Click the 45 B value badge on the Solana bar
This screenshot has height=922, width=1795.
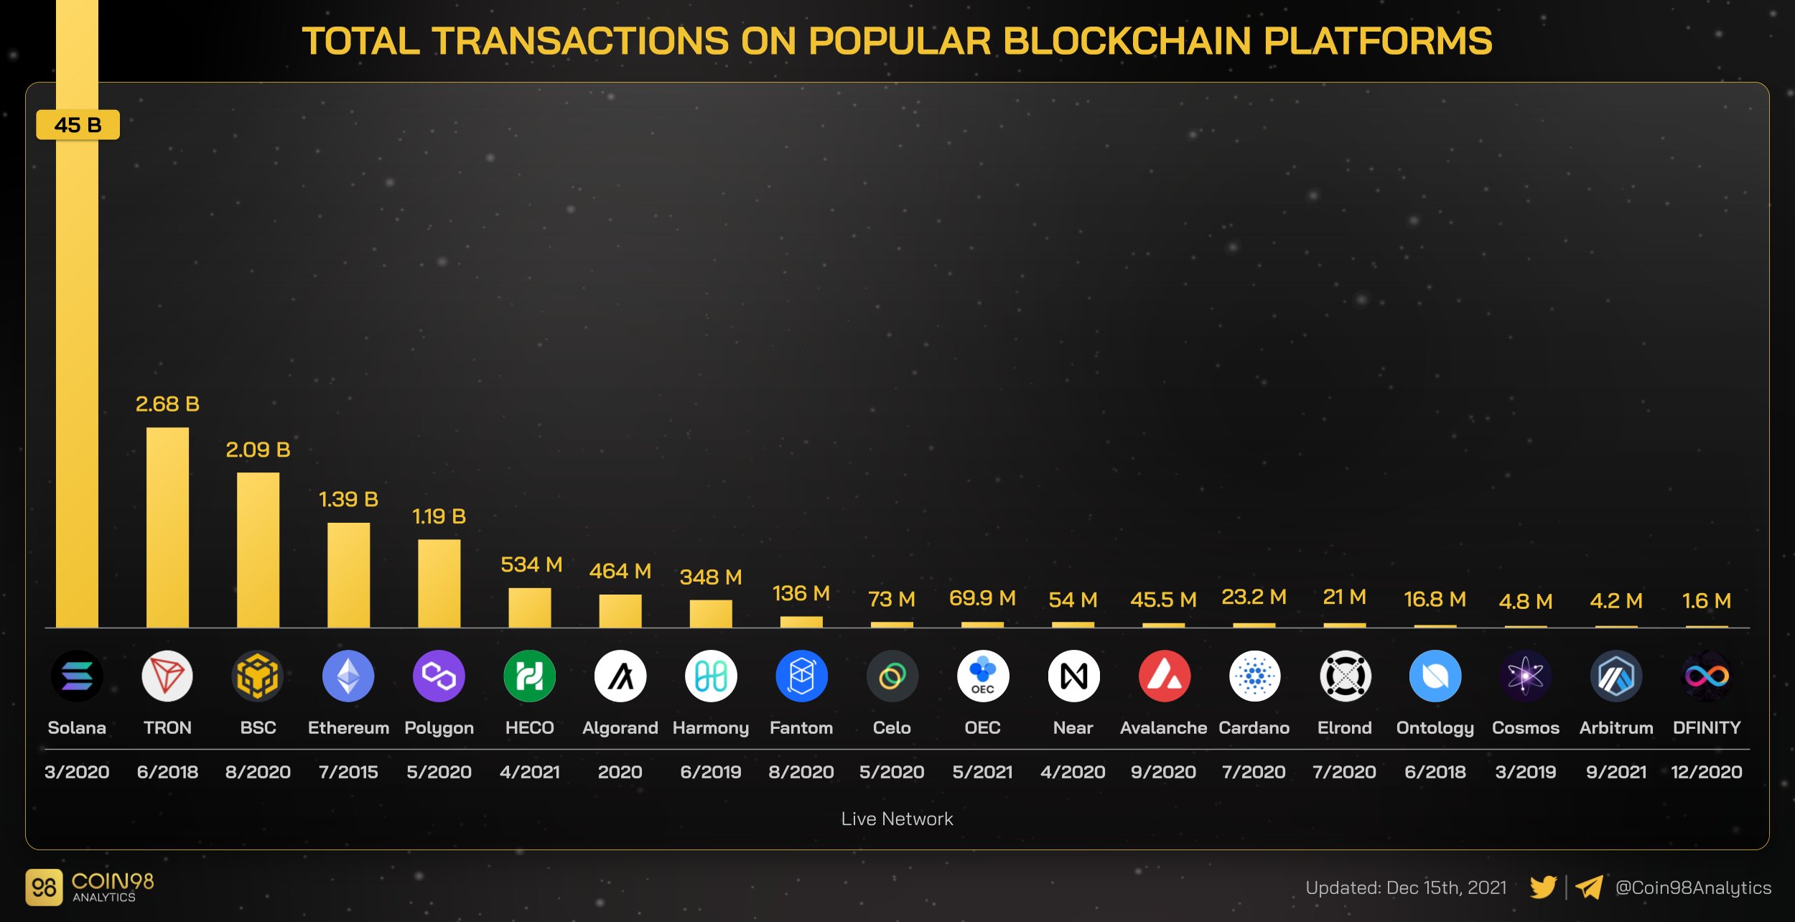click(78, 125)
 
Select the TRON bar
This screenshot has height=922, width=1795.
click(167, 528)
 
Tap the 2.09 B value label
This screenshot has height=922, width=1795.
click(258, 450)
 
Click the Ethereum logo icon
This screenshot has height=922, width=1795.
click(348, 676)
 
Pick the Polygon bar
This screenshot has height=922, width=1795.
click(439, 583)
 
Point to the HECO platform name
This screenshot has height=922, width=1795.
click(529, 727)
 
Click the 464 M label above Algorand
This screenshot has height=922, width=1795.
click(620, 571)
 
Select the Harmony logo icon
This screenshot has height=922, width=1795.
click(711, 676)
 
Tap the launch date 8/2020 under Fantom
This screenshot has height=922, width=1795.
click(801, 772)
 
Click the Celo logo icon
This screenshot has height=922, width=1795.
click(892, 676)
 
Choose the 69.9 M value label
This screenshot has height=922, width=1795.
click(982, 597)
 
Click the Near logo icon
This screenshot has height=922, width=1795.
click(1073, 676)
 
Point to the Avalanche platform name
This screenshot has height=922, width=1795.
click(1163, 727)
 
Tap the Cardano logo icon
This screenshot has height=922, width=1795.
click(1254, 676)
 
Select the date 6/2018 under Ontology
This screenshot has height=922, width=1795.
click(1435, 772)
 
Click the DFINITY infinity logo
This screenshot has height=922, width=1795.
click(1707, 676)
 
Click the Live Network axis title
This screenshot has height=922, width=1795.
click(897, 819)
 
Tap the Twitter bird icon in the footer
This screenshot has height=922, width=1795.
click(1542, 888)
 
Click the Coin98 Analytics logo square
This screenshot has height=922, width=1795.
click(44, 888)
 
